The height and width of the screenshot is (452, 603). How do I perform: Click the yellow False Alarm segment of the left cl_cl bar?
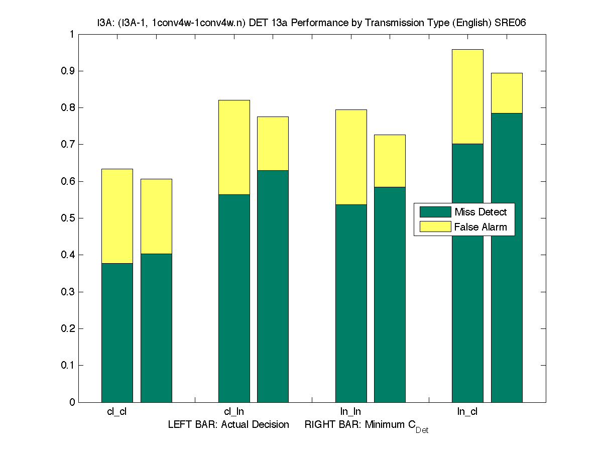[117, 216]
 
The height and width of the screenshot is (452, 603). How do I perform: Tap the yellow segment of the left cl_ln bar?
[234, 147]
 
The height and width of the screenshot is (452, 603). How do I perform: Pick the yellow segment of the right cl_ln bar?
[273, 144]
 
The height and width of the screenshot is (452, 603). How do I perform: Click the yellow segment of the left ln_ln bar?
[351, 157]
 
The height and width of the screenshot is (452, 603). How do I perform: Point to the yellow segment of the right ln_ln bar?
[390, 161]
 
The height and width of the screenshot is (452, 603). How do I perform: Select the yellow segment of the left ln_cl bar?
[467, 96]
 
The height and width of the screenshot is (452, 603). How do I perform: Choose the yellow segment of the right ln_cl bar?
[507, 93]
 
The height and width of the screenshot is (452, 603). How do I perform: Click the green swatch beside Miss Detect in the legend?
[435, 211]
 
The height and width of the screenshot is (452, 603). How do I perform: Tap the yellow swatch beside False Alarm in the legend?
[435, 227]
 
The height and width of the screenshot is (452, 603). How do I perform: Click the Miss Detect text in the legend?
[480, 212]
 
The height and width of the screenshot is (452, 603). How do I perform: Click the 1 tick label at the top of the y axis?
[72, 34]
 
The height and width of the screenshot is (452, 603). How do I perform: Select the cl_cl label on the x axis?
[117, 412]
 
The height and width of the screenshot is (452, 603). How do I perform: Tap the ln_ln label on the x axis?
[350, 412]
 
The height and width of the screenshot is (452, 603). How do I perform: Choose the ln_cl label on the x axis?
[467, 412]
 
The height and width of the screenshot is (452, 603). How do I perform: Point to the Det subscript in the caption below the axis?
[422, 430]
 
